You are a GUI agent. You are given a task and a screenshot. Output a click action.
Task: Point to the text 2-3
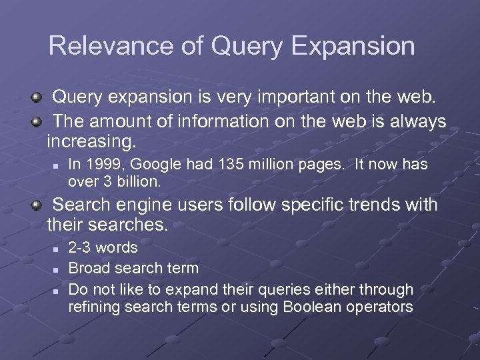tap(81, 248)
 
